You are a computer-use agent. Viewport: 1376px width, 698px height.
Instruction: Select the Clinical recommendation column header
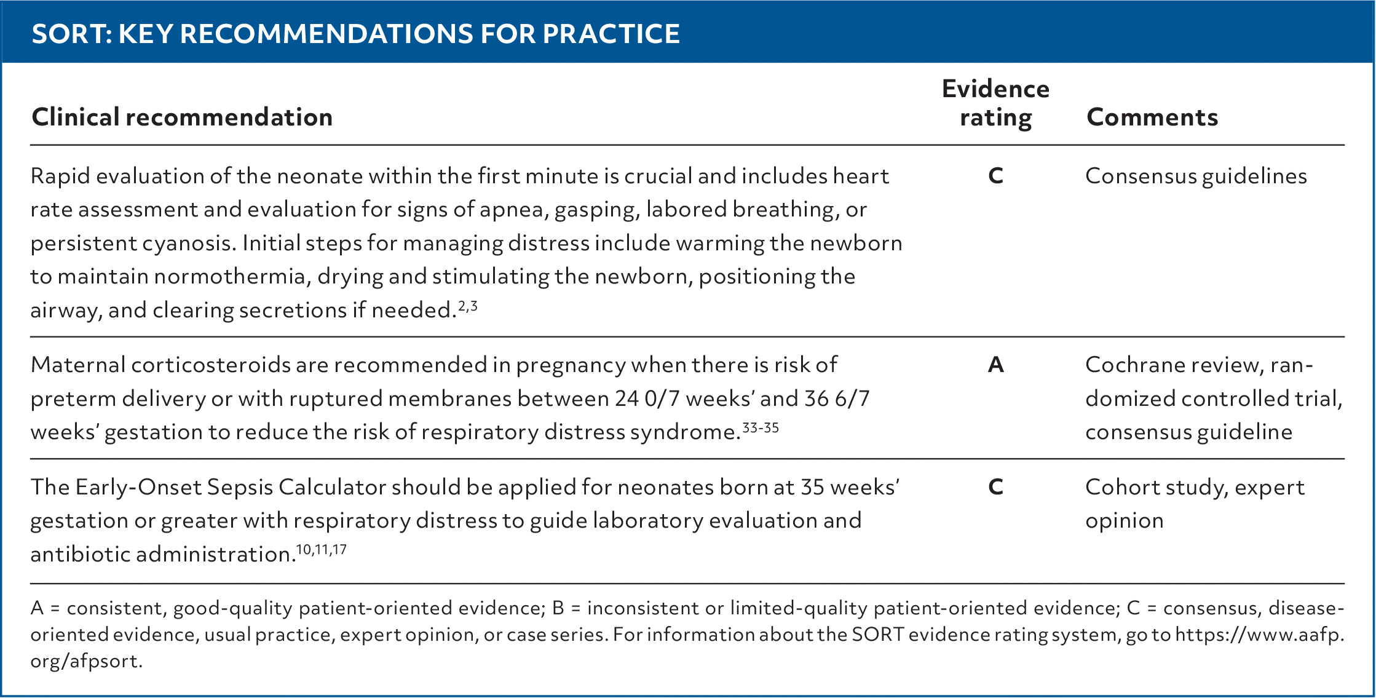click(x=182, y=117)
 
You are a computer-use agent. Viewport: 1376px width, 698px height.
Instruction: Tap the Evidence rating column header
click(x=995, y=103)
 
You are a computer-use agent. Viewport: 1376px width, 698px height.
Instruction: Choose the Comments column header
click(x=1152, y=117)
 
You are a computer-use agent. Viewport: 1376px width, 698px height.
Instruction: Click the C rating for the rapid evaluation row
click(x=995, y=176)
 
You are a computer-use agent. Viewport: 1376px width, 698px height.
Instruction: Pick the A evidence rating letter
click(x=995, y=365)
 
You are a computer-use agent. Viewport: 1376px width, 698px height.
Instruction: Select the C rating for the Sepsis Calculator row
click(x=995, y=487)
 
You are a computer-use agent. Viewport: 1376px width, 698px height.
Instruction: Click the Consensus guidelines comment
click(x=1196, y=177)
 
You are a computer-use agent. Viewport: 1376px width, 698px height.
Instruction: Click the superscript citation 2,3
click(x=468, y=305)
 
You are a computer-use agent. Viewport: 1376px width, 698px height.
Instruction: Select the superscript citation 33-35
click(x=761, y=427)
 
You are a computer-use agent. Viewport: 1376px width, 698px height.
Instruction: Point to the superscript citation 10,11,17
click(x=321, y=549)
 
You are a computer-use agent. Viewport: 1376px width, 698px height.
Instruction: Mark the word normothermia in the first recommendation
click(x=230, y=277)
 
